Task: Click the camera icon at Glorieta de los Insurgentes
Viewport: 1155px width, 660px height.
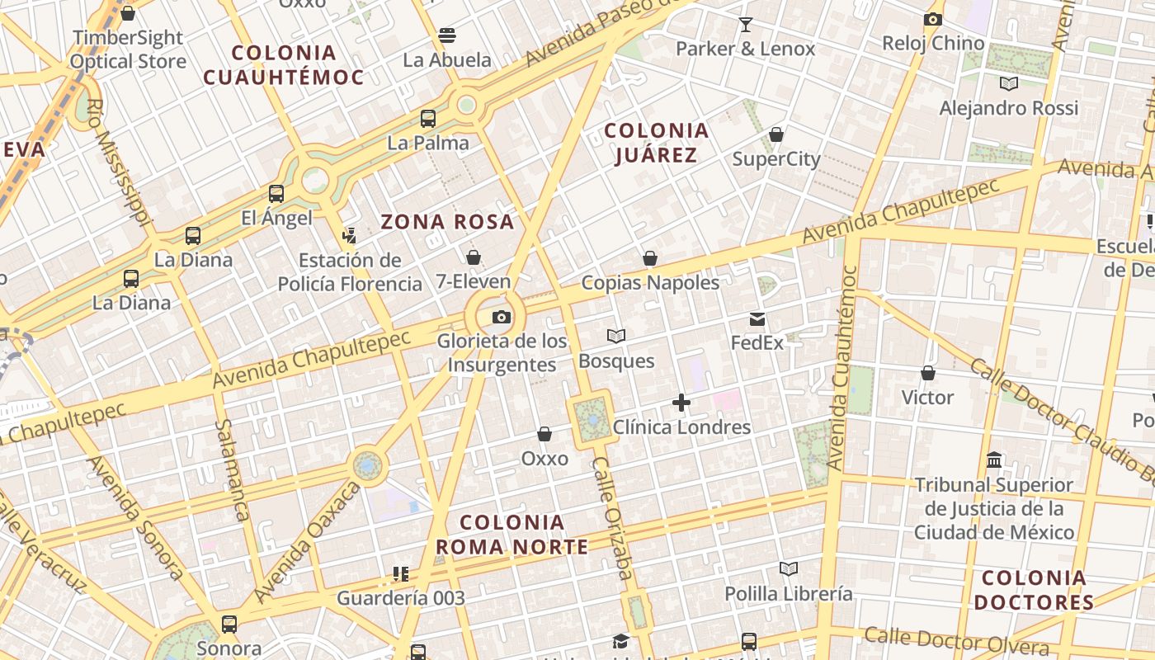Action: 501,317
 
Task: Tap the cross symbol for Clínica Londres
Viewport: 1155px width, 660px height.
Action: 681,403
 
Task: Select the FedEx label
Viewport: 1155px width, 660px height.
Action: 757,342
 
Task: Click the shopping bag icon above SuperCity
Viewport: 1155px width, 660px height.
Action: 776,134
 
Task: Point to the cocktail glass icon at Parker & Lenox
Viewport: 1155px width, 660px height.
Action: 746,24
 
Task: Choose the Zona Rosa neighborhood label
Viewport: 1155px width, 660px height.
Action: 447,222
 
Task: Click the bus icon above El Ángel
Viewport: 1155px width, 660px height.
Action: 276,194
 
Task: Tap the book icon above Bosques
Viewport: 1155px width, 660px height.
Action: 615,336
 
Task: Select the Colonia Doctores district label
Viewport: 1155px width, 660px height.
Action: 1034,590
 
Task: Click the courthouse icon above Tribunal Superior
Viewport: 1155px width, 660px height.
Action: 994,460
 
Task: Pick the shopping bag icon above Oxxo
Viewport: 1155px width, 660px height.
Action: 544,434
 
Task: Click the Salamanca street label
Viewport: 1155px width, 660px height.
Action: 232,470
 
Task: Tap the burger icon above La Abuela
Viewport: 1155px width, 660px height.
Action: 447,35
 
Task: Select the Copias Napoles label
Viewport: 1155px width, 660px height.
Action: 650,282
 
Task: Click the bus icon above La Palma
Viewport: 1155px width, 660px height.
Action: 428,118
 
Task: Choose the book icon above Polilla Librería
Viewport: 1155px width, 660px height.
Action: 789,568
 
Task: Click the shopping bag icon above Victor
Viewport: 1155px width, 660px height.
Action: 928,374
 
